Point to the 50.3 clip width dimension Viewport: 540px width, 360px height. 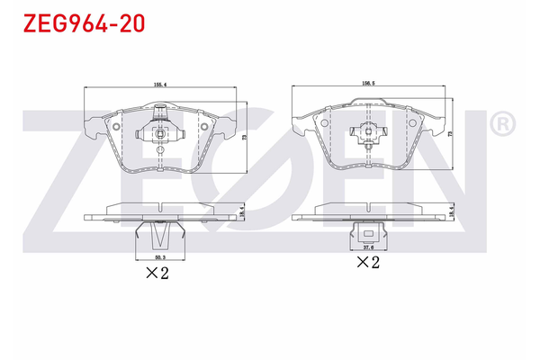(158, 256)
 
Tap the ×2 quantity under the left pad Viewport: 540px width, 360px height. (157, 273)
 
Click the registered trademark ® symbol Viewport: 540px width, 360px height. (503, 121)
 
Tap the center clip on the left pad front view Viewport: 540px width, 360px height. (159, 130)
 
